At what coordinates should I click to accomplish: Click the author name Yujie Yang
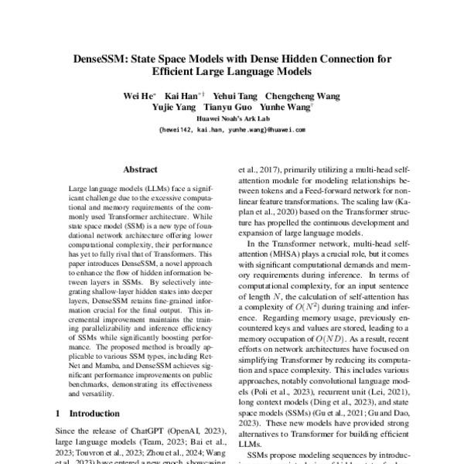172,107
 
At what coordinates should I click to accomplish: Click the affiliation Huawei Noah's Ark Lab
232,119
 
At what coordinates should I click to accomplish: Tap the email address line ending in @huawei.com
232,130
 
